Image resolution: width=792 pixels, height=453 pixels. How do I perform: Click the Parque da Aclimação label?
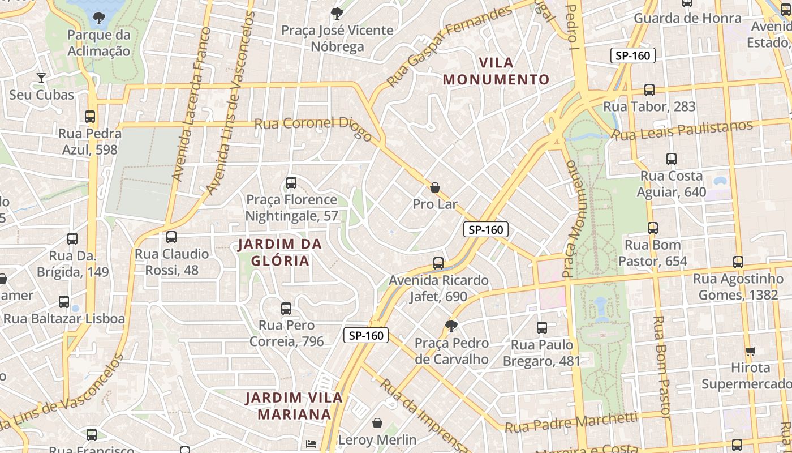[99, 43]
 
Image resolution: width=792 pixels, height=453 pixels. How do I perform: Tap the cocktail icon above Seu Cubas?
[41, 78]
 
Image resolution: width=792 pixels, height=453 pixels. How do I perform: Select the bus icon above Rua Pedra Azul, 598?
[90, 117]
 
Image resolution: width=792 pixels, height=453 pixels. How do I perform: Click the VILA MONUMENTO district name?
[497, 71]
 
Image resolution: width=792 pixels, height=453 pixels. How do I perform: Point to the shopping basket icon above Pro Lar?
[435, 187]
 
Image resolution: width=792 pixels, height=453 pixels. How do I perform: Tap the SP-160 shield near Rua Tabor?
[633, 55]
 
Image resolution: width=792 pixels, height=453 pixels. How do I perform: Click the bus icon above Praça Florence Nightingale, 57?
[291, 183]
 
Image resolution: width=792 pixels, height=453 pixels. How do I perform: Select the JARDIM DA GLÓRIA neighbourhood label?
[280, 253]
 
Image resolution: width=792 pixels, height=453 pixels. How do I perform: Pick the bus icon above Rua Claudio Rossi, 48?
[171, 237]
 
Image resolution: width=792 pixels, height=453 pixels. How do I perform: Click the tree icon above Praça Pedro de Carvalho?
[451, 326]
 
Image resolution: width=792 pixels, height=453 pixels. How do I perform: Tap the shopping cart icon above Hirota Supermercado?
[751, 351]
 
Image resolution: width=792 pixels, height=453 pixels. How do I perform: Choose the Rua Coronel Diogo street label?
[313, 129]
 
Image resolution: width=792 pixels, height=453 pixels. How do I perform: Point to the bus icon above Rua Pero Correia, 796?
[286, 309]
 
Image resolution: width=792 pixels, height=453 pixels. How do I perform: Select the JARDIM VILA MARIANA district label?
[294, 405]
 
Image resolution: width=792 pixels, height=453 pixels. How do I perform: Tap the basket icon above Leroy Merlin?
[377, 423]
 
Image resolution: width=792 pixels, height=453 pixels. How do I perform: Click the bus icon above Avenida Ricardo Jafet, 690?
[438, 263]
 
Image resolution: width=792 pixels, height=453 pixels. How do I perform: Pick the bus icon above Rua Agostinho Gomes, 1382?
[738, 262]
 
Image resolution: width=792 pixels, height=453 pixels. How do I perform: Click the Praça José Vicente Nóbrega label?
[337, 38]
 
